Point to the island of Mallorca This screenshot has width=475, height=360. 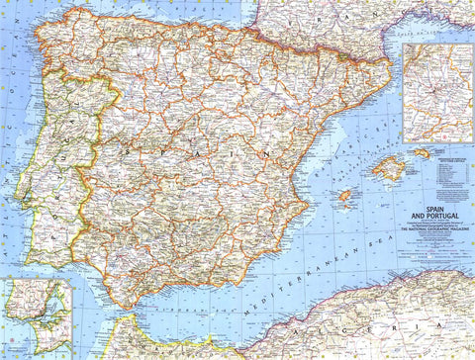click(x=388, y=169)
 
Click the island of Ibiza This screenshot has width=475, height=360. click(x=345, y=196)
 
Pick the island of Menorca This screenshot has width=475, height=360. click(x=422, y=153)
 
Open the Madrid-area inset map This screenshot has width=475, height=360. click(x=437, y=91)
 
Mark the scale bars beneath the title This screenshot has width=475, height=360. click(x=435, y=243)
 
